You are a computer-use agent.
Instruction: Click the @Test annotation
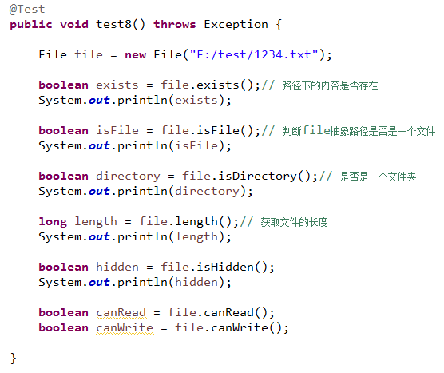(27, 10)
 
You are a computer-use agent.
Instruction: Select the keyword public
(31, 25)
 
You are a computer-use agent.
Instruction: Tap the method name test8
(114, 24)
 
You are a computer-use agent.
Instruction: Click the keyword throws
(175, 24)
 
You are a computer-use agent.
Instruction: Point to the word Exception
(236, 25)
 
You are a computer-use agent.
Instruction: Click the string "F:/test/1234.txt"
(254, 54)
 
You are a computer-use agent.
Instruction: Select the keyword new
(135, 54)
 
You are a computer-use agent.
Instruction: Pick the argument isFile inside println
(196, 145)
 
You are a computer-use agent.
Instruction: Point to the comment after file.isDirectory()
(367, 177)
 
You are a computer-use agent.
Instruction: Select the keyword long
(53, 222)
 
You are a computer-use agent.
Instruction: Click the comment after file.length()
(283, 222)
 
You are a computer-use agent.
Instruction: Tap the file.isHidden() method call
(214, 267)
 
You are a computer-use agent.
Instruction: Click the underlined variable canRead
(121, 313)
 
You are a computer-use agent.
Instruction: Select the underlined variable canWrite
(125, 328)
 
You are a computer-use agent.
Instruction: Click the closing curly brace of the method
(14, 359)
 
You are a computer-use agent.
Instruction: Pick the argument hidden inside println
(196, 283)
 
